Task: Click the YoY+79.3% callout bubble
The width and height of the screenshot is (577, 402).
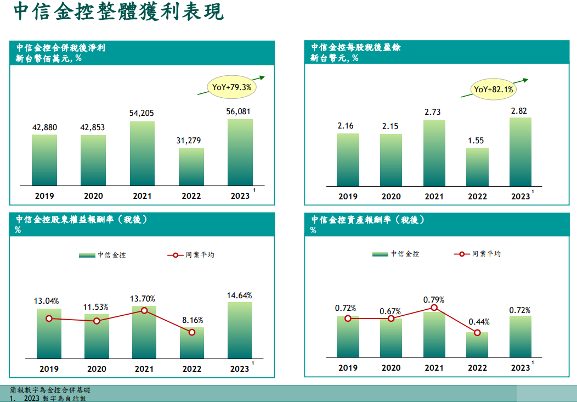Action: [231, 87]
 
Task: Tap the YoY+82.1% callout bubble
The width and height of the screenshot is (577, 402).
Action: [493, 89]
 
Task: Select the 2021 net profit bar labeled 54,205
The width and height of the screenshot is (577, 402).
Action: [142, 153]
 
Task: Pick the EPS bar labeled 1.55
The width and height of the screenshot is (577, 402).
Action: [477, 167]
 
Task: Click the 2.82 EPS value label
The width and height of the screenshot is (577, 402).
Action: [519, 111]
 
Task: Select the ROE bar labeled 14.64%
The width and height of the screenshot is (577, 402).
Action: [240, 330]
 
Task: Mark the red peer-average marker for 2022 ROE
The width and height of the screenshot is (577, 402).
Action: [192, 332]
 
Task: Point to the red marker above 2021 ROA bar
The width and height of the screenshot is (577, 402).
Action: [434, 308]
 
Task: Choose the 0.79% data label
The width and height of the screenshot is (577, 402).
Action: [434, 300]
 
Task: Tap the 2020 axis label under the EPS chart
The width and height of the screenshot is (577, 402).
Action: [391, 197]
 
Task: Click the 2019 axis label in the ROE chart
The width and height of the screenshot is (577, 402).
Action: [49, 369]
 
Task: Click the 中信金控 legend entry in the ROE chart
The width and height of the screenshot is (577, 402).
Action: [103, 255]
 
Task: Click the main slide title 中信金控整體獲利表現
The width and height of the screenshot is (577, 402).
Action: [118, 13]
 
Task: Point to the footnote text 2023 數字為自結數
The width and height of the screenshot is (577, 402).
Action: [55, 398]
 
